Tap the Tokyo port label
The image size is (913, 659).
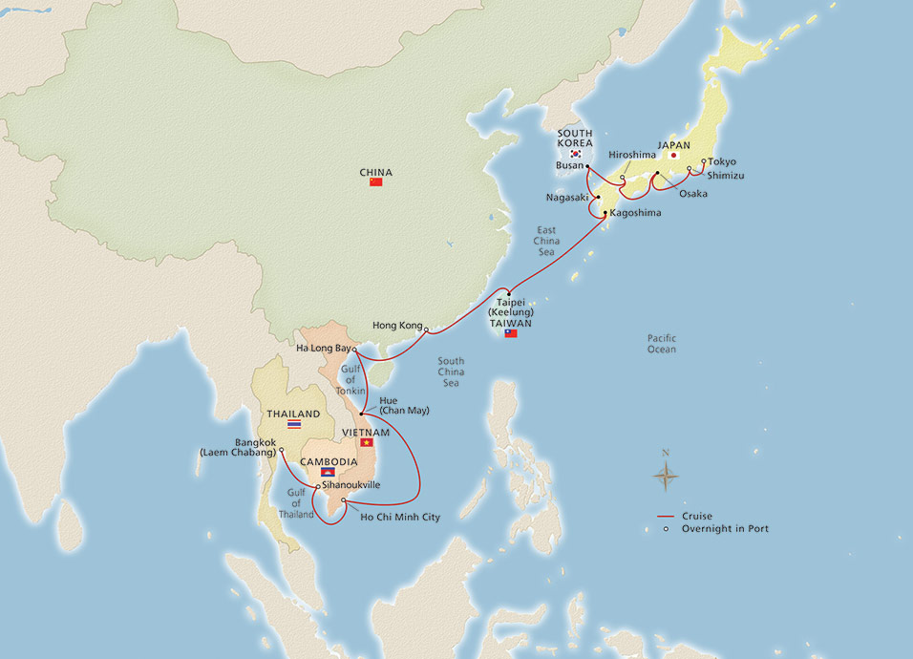click(723, 161)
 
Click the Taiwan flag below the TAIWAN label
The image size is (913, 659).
click(511, 333)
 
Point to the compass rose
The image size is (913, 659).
click(666, 474)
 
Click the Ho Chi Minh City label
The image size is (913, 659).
click(400, 517)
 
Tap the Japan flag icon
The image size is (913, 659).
click(674, 154)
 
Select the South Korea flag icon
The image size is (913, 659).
click(576, 154)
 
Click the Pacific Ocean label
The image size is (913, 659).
click(661, 344)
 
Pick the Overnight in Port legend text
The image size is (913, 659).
click(726, 528)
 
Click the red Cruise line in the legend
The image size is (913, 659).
click(667, 516)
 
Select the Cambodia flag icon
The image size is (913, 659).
click(328, 471)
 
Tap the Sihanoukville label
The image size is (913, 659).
click(351, 485)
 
